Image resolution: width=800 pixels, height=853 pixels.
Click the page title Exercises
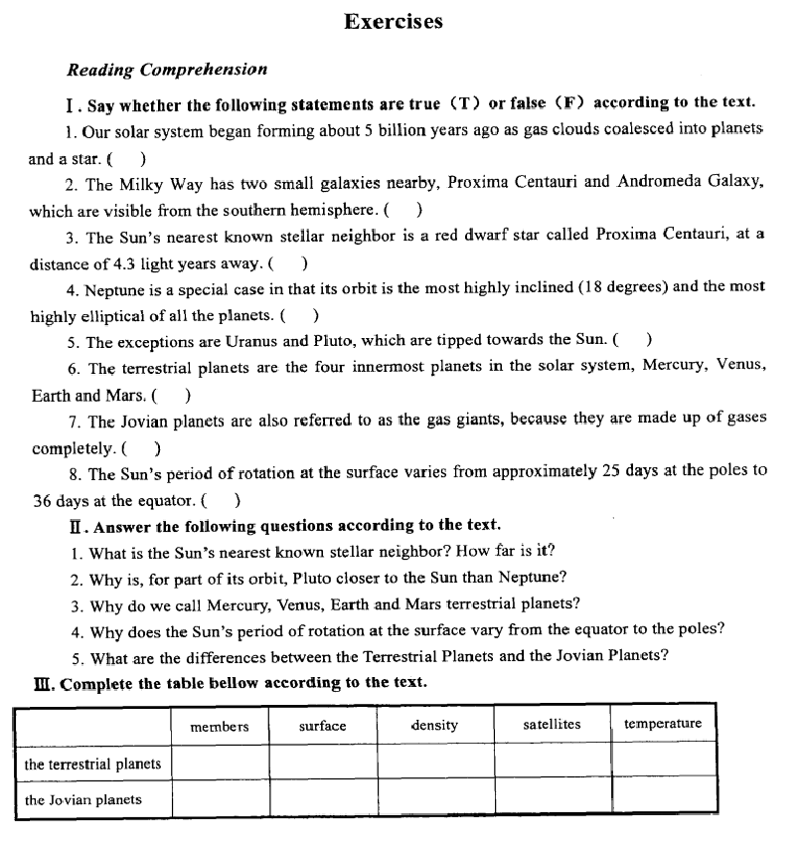(394, 22)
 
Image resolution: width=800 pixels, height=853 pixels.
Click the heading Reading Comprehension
(167, 70)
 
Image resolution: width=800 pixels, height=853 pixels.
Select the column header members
(220, 726)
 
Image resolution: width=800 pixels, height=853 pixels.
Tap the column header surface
(323, 726)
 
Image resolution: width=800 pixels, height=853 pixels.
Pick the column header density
(434, 725)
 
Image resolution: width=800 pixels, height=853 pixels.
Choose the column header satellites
(552, 725)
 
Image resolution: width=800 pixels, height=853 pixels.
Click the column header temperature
(663, 724)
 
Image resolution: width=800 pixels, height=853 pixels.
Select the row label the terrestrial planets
(92, 764)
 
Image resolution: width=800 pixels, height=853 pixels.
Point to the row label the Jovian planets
(82, 799)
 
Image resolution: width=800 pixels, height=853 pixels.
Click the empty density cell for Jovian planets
(435, 797)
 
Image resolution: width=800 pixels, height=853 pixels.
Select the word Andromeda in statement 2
(657, 183)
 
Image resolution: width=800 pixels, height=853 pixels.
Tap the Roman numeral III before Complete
(41, 683)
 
